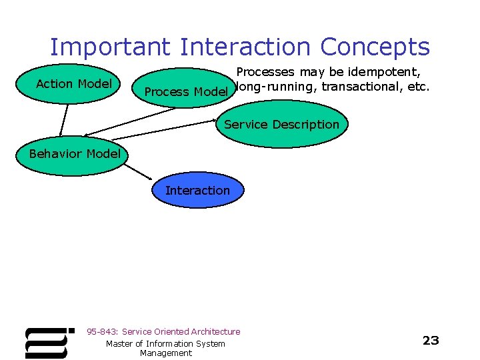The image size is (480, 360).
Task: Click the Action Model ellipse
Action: [73, 84]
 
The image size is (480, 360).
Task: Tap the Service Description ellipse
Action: [281, 125]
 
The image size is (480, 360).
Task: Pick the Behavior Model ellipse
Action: [75, 154]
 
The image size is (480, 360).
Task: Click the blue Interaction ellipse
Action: [197, 190]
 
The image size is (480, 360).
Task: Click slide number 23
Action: [431, 341]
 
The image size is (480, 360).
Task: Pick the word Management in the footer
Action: [165, 353]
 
